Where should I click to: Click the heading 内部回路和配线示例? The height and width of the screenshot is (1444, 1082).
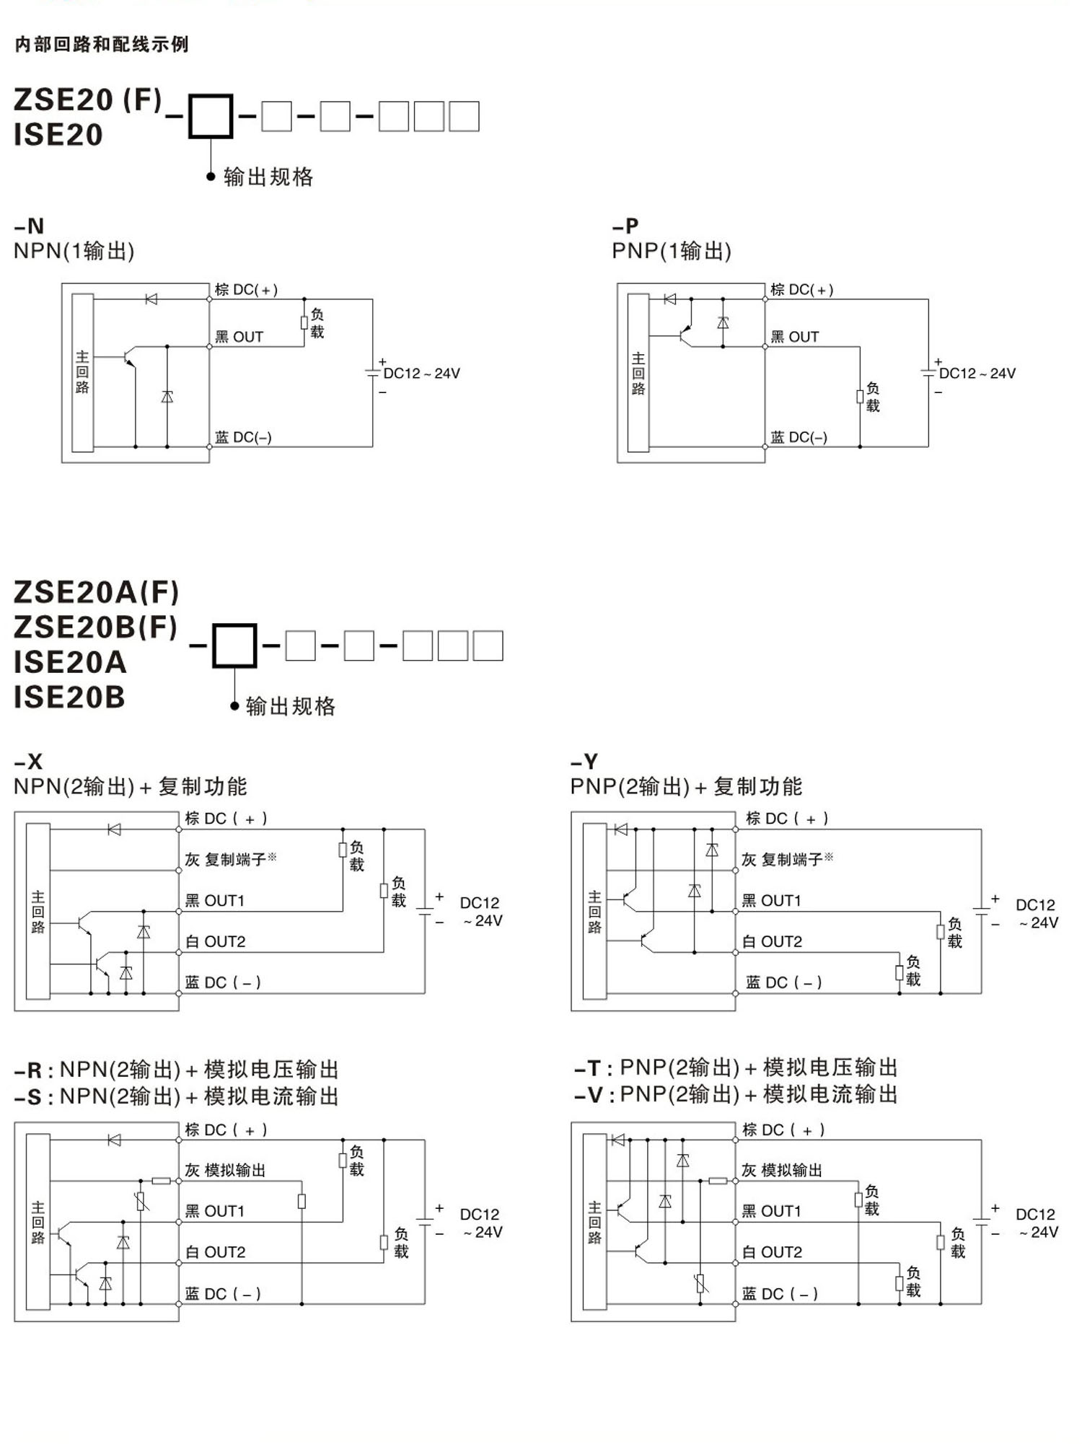(102, 45)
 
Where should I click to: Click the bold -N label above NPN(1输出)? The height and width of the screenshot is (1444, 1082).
(30, 226)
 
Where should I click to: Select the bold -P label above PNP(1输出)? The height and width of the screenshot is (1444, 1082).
(625, 226)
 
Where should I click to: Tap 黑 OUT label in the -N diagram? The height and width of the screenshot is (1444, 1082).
(239, 337)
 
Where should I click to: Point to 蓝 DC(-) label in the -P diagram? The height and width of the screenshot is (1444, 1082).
(799, 437)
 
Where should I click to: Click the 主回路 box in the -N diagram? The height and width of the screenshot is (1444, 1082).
(82, 372)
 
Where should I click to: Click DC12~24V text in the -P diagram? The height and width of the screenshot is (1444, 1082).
(977, 374)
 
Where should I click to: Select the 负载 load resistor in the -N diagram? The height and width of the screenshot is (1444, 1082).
(304, 322)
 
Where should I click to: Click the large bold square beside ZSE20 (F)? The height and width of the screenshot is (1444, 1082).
(211, 116)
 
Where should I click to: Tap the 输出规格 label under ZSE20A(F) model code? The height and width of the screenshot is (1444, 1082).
(291, 706)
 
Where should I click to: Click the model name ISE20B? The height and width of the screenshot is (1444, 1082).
(69, 697)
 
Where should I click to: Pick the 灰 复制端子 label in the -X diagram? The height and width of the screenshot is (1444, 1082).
(230, 859)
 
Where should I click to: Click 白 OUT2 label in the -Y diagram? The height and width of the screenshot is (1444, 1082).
(772, 941)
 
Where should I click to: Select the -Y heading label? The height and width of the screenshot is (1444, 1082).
(584, 762)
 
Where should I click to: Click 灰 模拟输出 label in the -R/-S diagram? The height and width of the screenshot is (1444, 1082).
(225, 1170)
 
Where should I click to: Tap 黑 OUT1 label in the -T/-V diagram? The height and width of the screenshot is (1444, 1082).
(771, 1211)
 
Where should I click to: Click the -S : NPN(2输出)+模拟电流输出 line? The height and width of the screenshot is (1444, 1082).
(176, 1097)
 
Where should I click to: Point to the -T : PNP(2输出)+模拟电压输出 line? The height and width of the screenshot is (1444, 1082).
(736, 1067)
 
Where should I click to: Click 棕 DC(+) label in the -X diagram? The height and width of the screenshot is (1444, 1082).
(226, 819)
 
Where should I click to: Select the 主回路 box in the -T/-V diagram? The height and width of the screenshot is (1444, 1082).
(594, 1222)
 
